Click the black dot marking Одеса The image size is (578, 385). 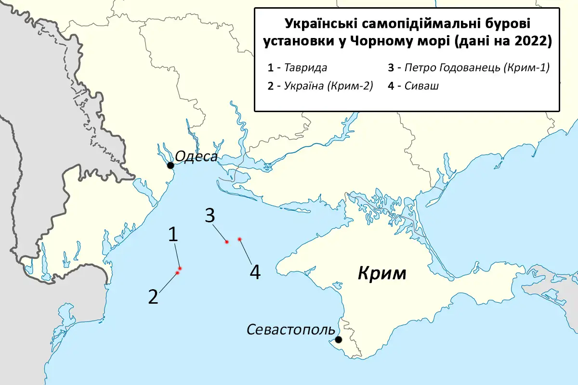click(171, 166)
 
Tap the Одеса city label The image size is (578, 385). click(197, 156)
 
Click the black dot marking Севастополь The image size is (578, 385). click(339, 339)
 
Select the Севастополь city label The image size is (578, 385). click(290, 330)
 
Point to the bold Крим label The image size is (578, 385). click(382, 274)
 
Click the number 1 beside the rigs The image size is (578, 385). click(173, 234)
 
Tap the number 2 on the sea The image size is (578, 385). click(153, 297)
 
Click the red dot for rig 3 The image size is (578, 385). click(226, 242)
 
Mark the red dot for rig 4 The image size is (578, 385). click(239, 239)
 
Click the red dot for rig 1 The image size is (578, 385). click(179, 268)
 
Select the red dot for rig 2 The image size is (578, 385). click(177, 273)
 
